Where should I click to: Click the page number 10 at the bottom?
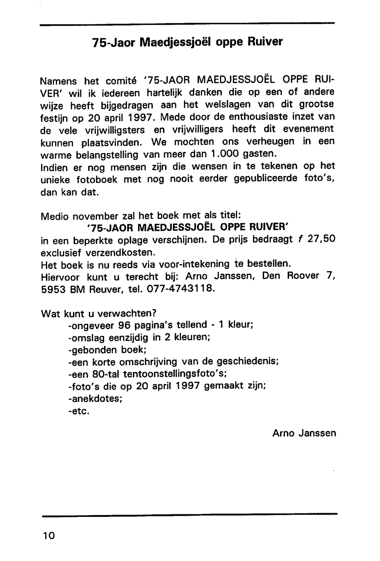[x=49, y=536]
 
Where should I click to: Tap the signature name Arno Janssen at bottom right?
[x=304, y=433]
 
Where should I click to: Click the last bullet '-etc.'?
[x=79, y=411]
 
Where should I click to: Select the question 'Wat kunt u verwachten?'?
[x=98, y=314]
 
